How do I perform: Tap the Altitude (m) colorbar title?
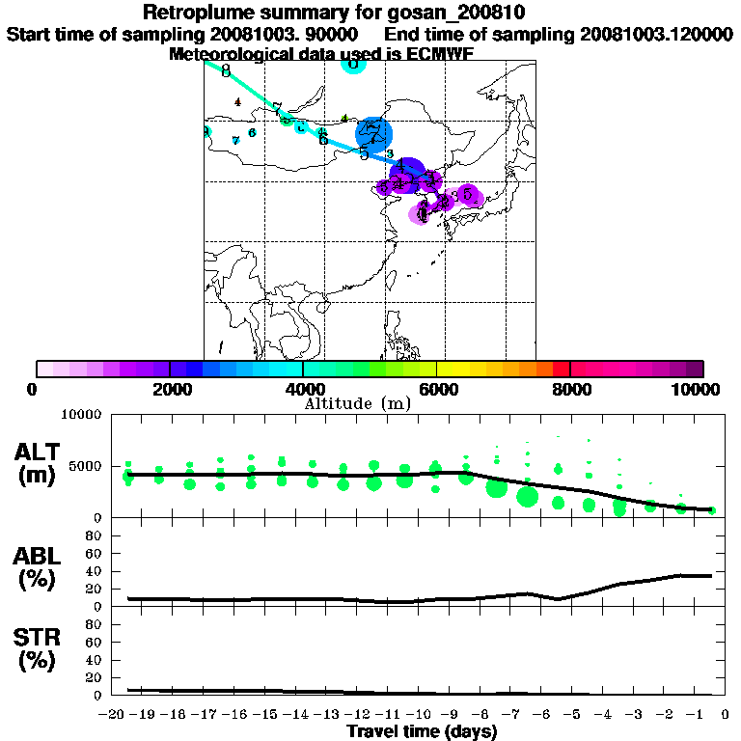pos(359,401)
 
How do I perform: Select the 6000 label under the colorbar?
pos(437,389)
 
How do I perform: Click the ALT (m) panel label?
pos(40,463)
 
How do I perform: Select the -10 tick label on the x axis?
pos(418,715)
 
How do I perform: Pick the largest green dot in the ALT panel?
pos(527,497)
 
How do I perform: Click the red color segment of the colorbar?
pos(561,369)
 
